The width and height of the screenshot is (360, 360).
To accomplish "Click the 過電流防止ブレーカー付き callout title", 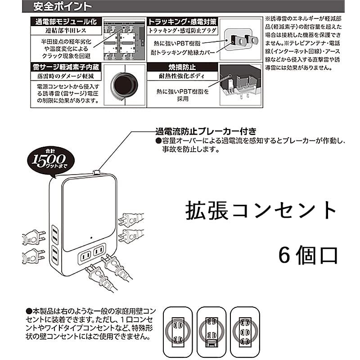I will [x=202, y=131].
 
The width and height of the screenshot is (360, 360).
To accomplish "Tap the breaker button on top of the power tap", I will [x=96, y=171].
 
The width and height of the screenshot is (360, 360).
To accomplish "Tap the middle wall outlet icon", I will [x=212, y=330].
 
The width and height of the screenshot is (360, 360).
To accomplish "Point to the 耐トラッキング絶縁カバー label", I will [x=184, y=52].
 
